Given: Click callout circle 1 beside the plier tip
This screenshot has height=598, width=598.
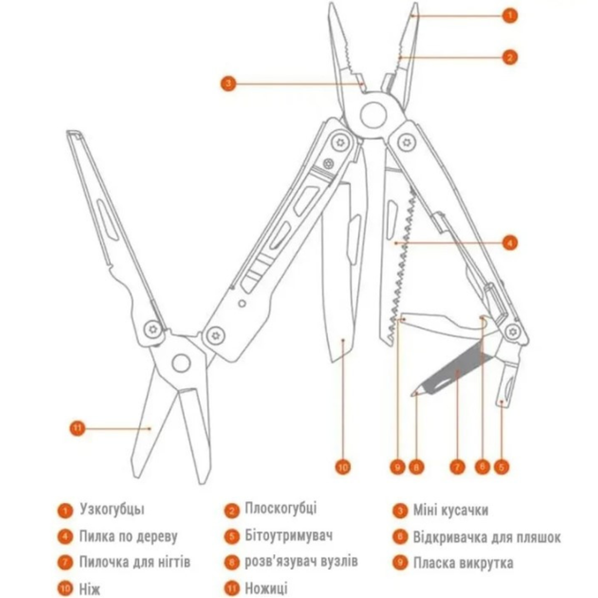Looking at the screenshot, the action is tap(510, 15).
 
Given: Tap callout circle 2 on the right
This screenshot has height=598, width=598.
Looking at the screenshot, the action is tap(510, 57).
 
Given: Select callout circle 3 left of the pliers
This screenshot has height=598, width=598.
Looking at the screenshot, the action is tap(228, 83).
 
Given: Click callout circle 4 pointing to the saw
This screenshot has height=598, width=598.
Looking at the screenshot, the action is tap(510, 243).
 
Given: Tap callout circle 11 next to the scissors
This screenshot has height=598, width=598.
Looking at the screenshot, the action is tap(77, 429).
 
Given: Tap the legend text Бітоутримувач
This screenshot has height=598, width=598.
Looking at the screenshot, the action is tap(289, 536).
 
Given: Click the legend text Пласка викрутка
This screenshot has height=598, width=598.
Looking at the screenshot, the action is tap(463, 563).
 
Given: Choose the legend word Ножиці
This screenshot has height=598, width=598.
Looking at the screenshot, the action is tap(266, 588).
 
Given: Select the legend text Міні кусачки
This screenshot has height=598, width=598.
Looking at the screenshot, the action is tap(450, 511).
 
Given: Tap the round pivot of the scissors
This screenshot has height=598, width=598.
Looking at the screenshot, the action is tap(181, 362).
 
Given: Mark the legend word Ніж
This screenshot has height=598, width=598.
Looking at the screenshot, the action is tap(90, 589).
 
